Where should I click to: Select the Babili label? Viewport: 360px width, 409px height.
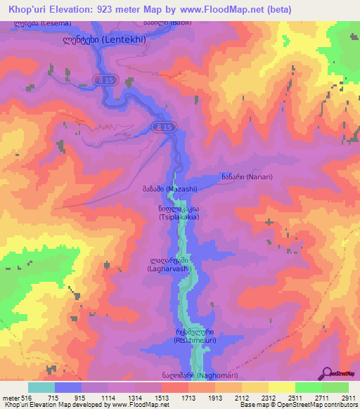(160, 23)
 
